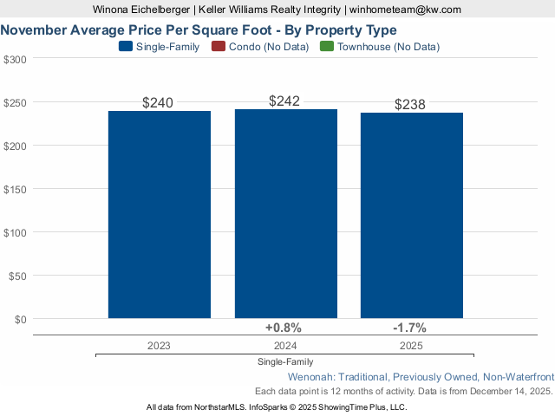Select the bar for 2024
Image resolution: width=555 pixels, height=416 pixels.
pos(285,214)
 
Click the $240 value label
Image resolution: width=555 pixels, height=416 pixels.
pos(158,102)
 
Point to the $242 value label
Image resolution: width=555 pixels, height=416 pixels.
pos(284,101)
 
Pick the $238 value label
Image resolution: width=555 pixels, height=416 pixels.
pos(410,104)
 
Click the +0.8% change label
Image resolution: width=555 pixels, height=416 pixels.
pos(283,328)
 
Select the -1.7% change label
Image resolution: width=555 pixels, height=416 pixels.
pos(409,328)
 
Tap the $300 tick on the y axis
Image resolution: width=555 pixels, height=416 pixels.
pos(16,59)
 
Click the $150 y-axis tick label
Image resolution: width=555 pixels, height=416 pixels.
pos(16,189)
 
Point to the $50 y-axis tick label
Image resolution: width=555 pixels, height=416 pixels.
pos(18,276)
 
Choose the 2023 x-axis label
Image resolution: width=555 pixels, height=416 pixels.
pos(159,345)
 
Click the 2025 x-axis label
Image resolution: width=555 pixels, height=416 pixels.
pos(412,345)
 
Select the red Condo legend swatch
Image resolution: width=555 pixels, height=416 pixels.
pos(218,47)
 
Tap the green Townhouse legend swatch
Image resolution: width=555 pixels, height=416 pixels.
pos(327,47)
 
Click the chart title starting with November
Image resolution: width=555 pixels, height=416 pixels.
pos(199,29)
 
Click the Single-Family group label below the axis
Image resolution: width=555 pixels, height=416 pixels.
pos(285,361)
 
